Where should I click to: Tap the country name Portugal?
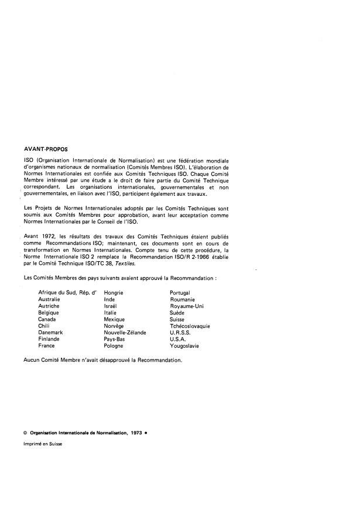click(x=180, y=292)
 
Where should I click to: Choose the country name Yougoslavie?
click(x=184, y=346)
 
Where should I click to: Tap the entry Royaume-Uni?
click(x=187, y=306)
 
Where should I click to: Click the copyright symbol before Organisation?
click(x=25, y=433)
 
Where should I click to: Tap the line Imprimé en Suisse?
click(x=42, y=444)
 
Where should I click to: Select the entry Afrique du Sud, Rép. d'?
click(x=66, y=292)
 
